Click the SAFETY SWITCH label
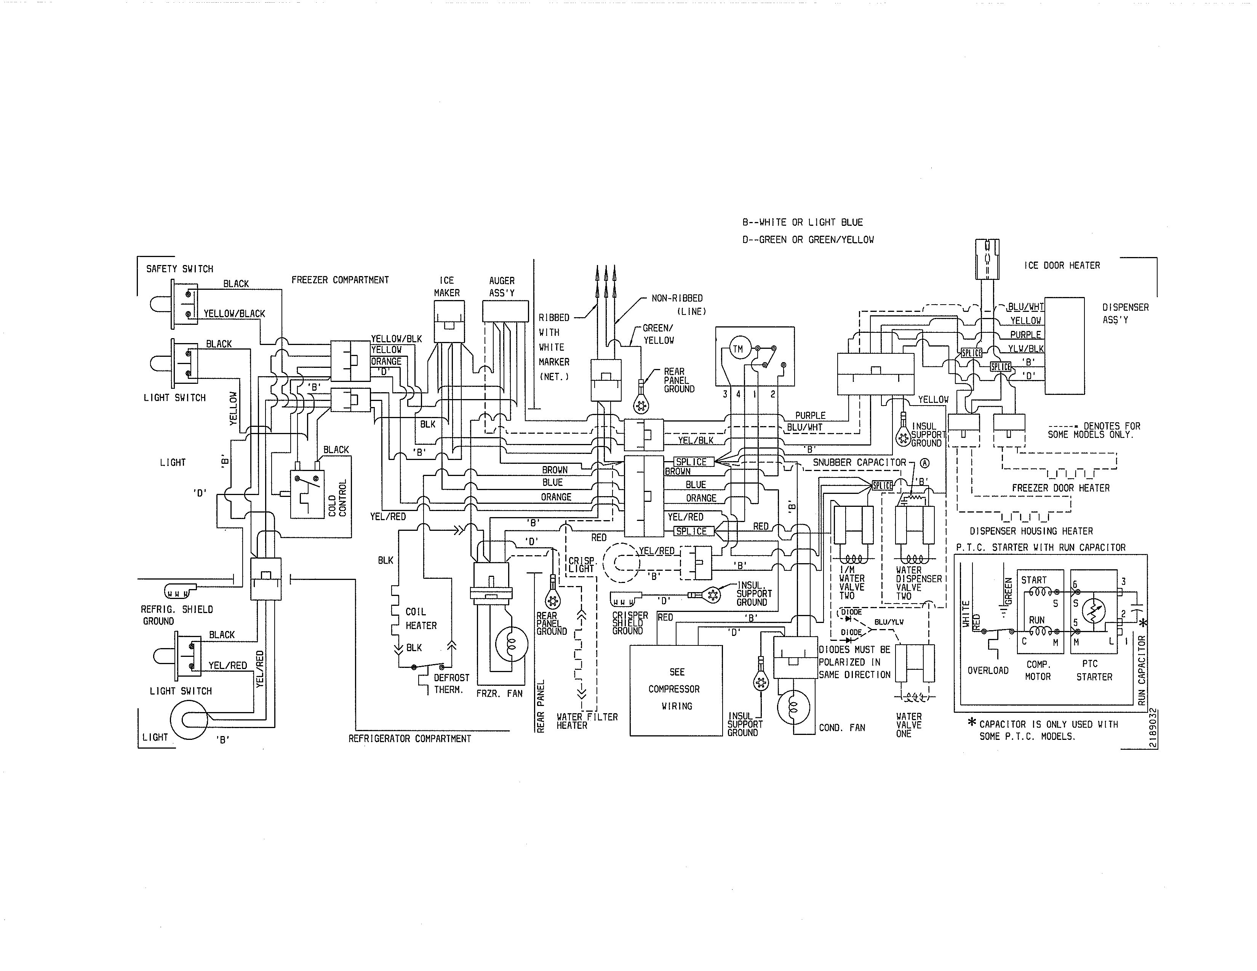point(179,268)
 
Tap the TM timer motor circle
point(737,348)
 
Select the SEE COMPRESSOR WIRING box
point(676,689)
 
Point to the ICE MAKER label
point(447,286)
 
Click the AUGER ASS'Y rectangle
point(505,311)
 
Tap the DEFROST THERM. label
point(451,684)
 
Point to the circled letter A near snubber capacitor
point(925,463)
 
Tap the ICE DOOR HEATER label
point(1062,265)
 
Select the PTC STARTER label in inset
point(1094,670)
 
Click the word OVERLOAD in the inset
point(988,670)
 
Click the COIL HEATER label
point(421,618)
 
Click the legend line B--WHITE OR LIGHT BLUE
point(802,222)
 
